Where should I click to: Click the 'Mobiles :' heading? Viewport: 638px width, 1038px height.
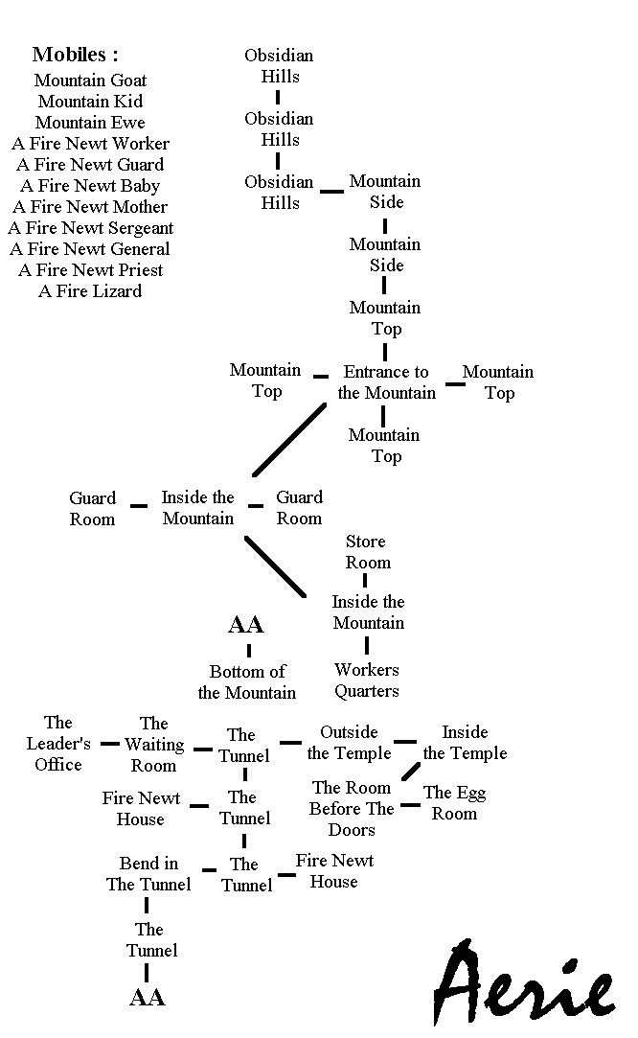click(x=75, y=55)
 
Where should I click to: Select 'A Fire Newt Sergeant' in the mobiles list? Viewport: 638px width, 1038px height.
click(x=91, y=228)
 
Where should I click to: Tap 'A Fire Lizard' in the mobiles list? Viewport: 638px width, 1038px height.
click(x=90, y=291)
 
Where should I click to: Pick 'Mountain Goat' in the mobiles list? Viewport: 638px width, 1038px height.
click(x=91, y=81)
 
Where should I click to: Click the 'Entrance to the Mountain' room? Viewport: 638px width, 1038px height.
click(x=386, y=382)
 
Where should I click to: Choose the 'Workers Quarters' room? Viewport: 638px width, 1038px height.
click(x=367, y=680)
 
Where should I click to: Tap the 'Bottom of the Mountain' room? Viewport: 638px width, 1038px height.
click(x=247, y=681)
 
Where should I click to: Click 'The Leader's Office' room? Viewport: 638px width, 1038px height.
click(x=58, y=744)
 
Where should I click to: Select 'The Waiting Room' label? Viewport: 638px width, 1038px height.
click(x=154, y=745)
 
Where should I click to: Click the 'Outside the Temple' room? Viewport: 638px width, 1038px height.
click(x=349, y=743)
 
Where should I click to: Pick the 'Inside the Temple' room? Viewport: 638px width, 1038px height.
click(x=465, y=743)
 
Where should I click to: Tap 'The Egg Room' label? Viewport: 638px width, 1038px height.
click(x=455, y=803)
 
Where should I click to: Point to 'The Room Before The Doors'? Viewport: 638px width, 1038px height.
click(x=352, y=809)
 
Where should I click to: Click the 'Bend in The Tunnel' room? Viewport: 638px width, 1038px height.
click(x=148, y=874)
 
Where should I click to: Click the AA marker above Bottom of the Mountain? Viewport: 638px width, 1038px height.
click(x=246, y=625)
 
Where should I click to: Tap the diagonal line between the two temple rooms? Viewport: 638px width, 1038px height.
click(x=411, y=771)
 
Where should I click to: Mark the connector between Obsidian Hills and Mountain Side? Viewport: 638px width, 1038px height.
click(x=331, y=192)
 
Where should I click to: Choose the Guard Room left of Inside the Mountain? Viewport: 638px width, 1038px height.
click(x=92, y=509)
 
